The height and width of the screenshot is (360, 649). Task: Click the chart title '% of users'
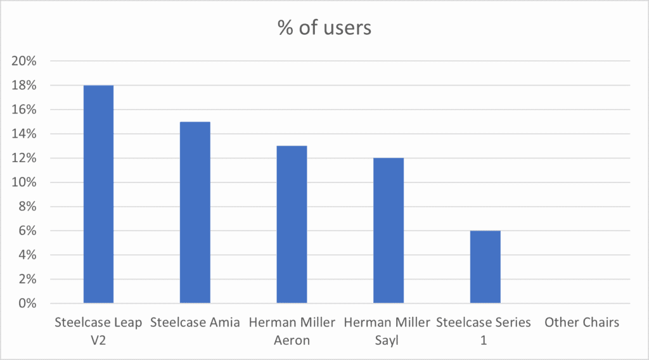[324, 28]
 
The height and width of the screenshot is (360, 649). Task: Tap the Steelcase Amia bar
[195, 212]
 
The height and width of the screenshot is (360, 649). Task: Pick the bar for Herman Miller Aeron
[292, 224]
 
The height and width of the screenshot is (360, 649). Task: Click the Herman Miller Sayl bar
[389, 231]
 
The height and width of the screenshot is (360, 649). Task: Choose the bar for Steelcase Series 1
[485, 267]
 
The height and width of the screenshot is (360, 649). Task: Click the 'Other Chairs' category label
[581, 323]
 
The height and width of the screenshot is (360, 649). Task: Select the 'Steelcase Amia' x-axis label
[195, 323]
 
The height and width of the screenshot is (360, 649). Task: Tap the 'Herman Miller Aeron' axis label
[292, 331]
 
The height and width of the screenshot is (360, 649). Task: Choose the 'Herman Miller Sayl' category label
[388, 331]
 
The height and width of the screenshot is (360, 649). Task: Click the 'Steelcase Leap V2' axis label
[98, 331]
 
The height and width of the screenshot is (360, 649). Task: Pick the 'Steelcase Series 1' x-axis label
[484, 331]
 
